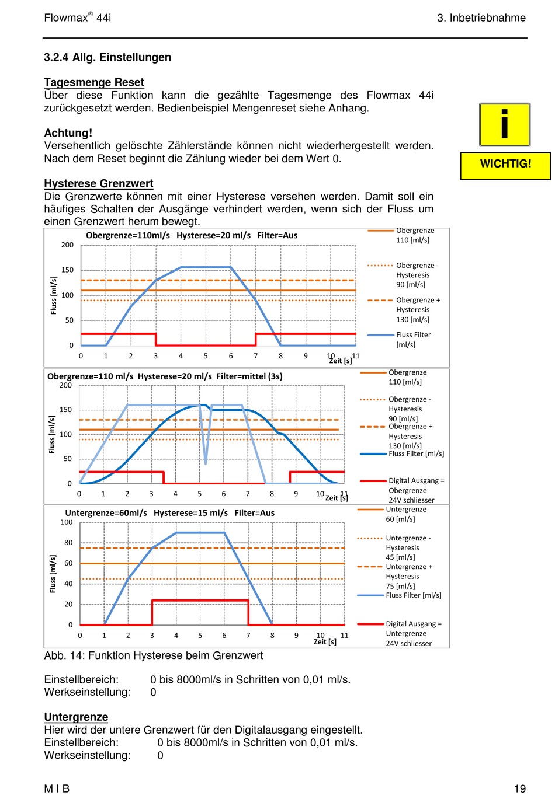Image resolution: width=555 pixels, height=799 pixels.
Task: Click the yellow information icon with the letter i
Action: pos(504,124)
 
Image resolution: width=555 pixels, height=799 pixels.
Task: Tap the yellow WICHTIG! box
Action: pos(505,164)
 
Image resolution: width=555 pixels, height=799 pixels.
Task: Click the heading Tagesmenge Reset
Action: pos(94,82)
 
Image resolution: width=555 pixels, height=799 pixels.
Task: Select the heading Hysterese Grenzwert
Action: pos(99,183)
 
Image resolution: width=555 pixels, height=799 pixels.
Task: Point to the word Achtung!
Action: pos(68,133)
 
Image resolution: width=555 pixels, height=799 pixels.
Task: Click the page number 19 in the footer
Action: pos(519,788)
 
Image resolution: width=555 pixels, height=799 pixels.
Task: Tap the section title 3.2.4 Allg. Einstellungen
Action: pos(107,57)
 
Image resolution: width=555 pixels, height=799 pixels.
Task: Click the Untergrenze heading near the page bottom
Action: pos(76,717)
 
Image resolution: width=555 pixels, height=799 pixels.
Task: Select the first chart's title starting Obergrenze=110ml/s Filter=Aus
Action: pos(192,235)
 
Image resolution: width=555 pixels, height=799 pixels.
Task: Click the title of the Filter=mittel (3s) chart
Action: pos(165,376)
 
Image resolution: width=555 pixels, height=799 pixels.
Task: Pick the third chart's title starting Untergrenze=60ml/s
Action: pos(169,513)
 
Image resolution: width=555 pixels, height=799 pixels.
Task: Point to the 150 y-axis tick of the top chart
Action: pos(68,270)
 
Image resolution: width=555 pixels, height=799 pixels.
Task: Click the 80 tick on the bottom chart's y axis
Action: pos(69,543)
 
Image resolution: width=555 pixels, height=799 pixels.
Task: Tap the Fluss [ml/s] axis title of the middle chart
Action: pos(52,434)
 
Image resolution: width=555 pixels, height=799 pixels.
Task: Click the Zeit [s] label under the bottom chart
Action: pos(325,641)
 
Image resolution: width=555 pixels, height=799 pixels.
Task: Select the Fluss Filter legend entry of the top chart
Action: pos(413,340)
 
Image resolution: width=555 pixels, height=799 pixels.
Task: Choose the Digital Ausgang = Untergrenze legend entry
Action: pos(413,633)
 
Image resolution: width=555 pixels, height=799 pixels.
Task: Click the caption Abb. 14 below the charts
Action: pos(154,655)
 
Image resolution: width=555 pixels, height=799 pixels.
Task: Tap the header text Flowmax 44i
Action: pos(78,18)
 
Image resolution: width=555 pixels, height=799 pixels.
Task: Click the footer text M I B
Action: pos(57,788)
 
